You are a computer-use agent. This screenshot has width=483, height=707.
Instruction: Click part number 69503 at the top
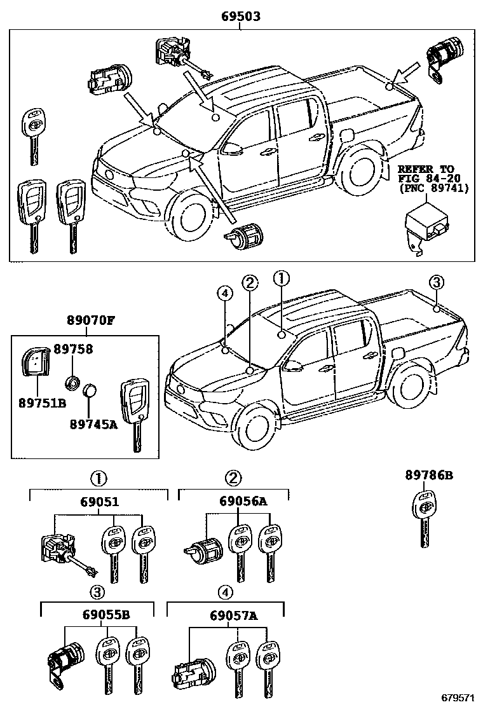242,15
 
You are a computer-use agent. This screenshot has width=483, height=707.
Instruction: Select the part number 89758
73,349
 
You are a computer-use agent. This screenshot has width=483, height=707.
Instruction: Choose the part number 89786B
428,474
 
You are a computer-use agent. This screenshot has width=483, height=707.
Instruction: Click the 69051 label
99,502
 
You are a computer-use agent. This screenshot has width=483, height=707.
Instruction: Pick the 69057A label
235,615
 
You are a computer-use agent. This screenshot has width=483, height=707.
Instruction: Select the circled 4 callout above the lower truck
223,292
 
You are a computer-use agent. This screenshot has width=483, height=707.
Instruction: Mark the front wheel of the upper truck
191,216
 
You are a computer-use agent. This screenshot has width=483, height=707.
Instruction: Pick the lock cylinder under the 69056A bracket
203,551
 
